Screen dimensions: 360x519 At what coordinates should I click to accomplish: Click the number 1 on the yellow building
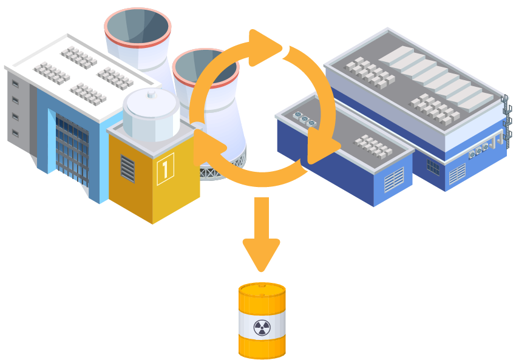165,168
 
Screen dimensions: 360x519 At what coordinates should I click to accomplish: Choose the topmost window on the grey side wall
15,83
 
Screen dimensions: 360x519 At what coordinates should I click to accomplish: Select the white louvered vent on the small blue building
393,180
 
